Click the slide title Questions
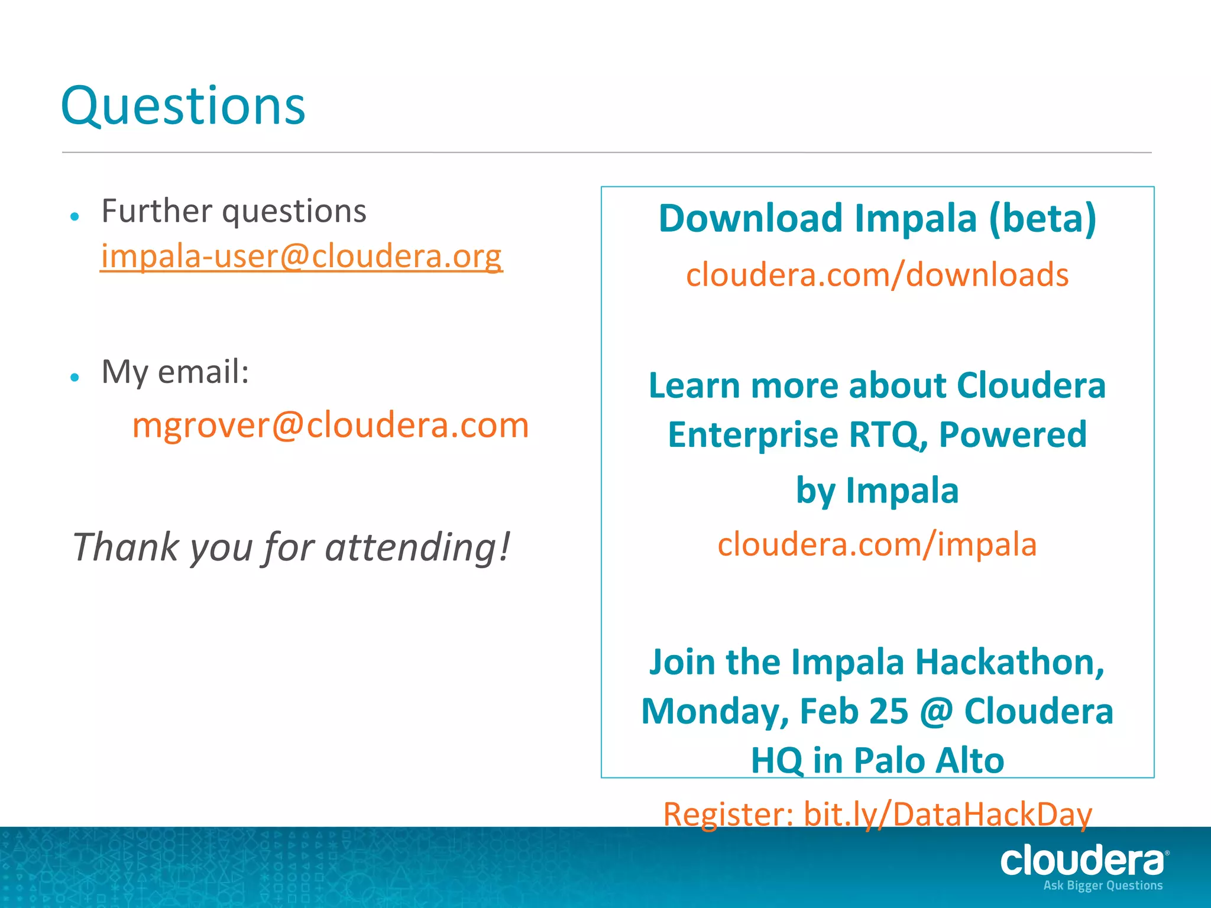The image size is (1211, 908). [183, 106]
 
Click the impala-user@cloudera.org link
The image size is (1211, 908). [301, 256]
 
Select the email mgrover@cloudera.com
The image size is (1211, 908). [330, 425]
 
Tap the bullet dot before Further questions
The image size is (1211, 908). [75, 217]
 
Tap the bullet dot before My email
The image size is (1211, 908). [75, 377]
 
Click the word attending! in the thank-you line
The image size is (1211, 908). [417, 547]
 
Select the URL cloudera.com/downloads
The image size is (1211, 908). [877, 275]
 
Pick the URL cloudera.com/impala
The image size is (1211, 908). [877, 544]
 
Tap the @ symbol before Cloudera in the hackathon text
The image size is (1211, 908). [936, 711]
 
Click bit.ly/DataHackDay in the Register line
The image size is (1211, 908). [947, 814]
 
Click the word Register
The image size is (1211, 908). [727, 814]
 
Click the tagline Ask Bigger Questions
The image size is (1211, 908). [1103, 886]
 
